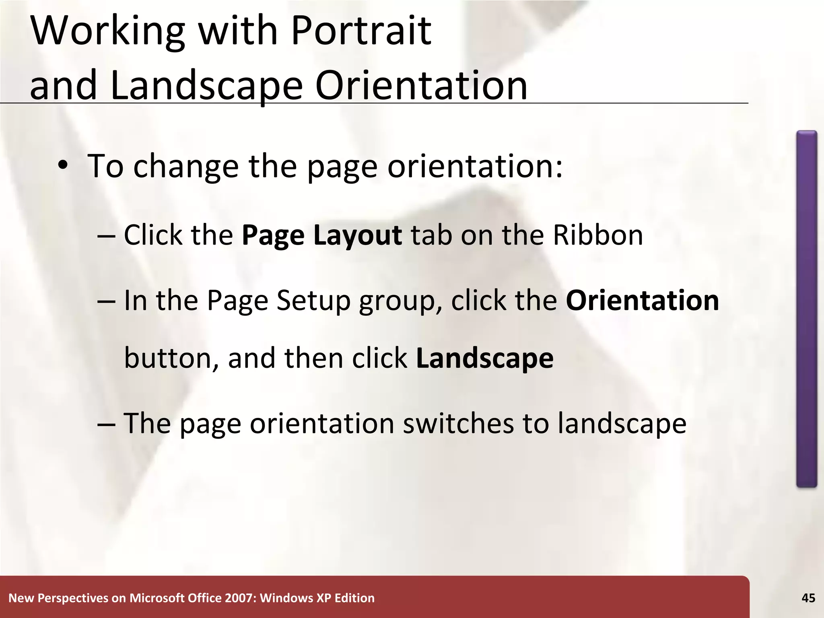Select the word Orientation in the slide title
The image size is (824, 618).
(x=421, y=85)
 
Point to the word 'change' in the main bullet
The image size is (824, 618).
(x=186, y=166)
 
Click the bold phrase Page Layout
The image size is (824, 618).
(x=321, y=235)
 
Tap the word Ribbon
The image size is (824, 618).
(x=598, y=235)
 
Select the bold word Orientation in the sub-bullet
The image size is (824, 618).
(x=642, y=301)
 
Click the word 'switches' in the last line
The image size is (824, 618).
(x=458, y=423)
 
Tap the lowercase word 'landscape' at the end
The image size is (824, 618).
(x=622, y=423)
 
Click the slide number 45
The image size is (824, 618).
(x=808, y=598)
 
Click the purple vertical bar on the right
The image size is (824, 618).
(x=806, y=309)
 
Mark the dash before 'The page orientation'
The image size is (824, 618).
(x=106, y=424)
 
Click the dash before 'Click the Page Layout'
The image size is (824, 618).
(x=106, y=236)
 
